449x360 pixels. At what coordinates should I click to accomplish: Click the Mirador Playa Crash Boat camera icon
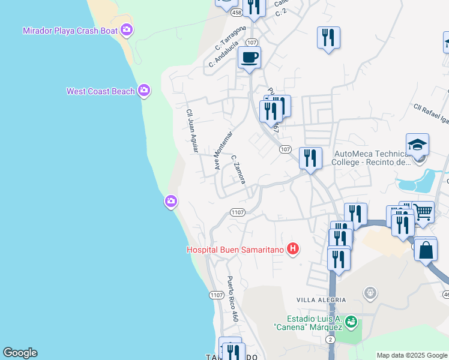coord(127,29)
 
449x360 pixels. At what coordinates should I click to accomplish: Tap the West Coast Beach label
coord(100,91)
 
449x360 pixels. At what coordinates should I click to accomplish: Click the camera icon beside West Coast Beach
coord(143,91)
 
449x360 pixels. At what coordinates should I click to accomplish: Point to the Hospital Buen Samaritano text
coord(236,249)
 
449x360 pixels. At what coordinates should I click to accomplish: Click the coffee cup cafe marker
coord(249,58)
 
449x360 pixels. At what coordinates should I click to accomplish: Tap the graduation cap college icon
coord(417,145)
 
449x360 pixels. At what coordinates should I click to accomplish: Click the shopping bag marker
coord(426,250)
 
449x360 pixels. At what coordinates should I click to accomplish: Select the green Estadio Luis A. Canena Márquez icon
coord(352,322)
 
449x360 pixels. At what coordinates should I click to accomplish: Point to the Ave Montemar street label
coord(223,149)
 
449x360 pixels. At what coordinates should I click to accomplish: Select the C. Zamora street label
coord(238,169)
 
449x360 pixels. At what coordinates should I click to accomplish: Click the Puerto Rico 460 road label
coord(232,298)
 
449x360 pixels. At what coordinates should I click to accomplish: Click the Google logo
coord(20,353)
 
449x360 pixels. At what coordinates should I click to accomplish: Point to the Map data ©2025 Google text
coord(411,355)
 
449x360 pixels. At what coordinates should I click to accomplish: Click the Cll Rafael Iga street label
coord(430,113)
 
